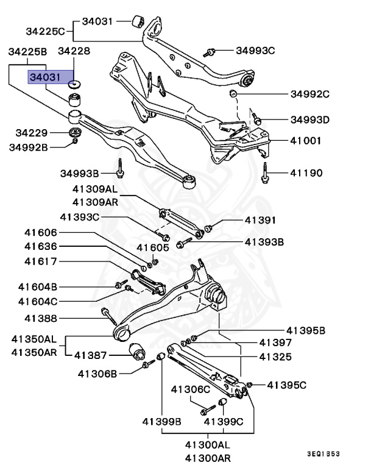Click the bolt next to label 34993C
210,51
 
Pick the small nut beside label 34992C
232,94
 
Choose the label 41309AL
95,190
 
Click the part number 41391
261,220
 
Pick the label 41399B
162,421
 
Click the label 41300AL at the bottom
207,445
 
